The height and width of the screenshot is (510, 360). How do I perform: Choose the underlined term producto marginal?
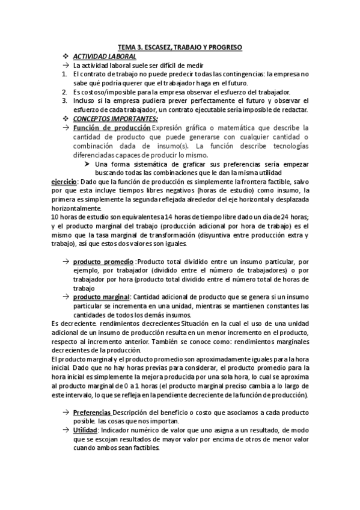coord(100,297)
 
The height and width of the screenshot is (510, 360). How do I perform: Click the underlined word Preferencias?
coord(92,414)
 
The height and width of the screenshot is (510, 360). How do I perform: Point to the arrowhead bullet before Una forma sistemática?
coord(87,164)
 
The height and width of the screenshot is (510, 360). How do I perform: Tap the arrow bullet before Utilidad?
coord(65,431)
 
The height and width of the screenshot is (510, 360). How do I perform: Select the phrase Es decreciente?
coord(72,324)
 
